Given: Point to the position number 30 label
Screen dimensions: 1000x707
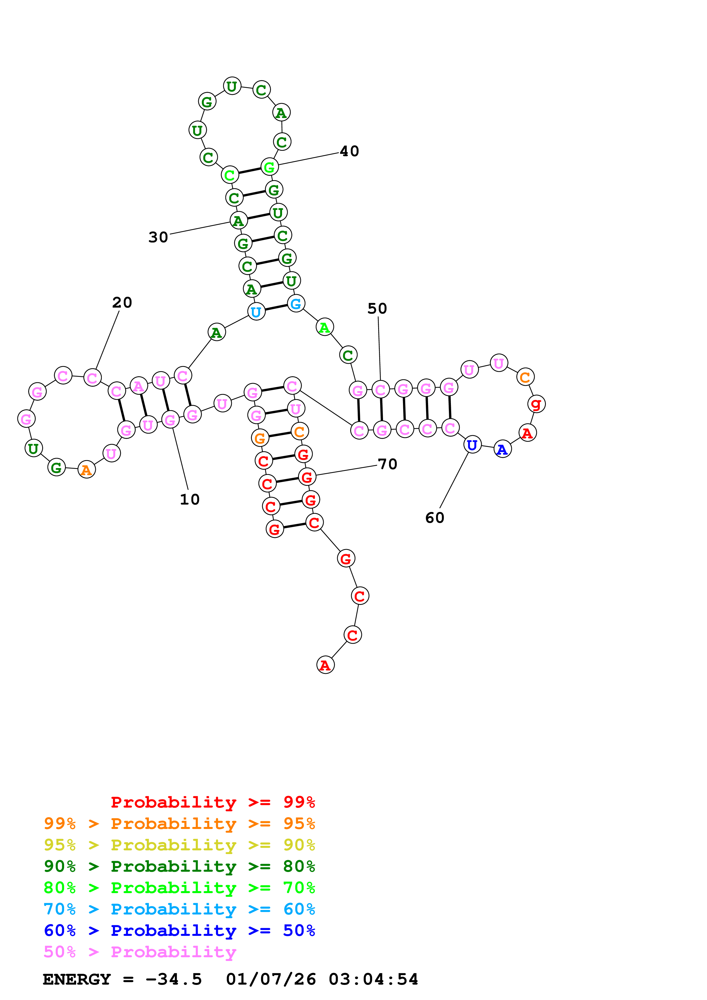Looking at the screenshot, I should pos(158,237).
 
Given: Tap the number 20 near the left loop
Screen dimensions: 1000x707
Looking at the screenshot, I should pos(122,302).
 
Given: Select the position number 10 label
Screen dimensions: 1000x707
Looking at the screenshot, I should pos(190,499).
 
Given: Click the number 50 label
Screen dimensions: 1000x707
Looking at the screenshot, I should pos(377,308).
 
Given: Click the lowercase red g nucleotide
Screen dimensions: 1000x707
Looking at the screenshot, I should pos(536,404).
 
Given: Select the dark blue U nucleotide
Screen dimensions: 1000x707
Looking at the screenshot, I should pos(472,445).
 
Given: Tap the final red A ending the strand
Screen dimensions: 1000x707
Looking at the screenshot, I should pos(325,665).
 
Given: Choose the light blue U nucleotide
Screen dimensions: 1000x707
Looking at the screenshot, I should pos(256,311).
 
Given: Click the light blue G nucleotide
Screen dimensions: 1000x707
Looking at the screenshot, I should pos(296,304).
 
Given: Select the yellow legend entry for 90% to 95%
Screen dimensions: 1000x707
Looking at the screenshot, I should pos(179,845).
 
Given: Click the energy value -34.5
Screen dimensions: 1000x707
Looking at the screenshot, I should pos(173,979).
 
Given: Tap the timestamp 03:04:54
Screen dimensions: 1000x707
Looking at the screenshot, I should pos(373,979).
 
